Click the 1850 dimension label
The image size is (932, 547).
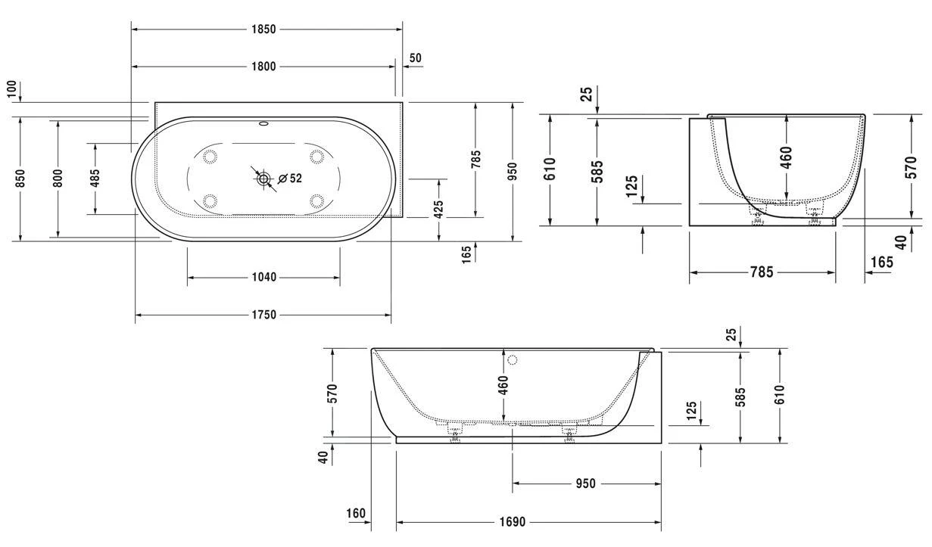(263, 29)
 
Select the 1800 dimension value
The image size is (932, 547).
(263, 67)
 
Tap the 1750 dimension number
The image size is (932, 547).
(263, 315)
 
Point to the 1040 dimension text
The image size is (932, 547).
(263, 277)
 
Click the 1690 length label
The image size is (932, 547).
(513, 521)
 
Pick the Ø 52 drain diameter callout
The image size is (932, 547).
(290, 179)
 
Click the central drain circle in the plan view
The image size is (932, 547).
(263, 179)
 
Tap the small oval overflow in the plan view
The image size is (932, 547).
(263, 123)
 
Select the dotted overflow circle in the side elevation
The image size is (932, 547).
(513, 360)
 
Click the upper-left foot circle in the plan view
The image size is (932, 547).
(210, 157)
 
